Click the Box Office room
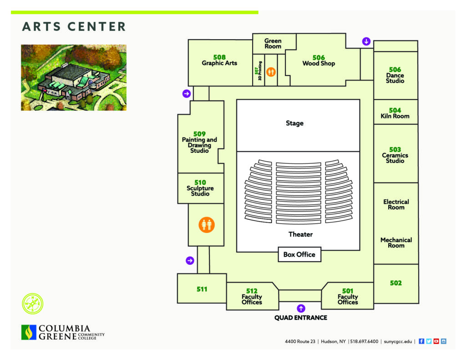click(x=299, y=254)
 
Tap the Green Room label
click(x=273, y=43)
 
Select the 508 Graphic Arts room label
click(x=219, y=60)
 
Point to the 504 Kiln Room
click(x=395, y=112)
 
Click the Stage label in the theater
click(x=294, y=123)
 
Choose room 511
click(x=202, y=289)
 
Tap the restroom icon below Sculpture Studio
click(x=207, y=225)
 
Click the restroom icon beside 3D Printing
click(x=271, y=71)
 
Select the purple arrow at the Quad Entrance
click(x=301, y=308)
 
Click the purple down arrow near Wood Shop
click(x=366, y=41)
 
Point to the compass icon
click(x=33, y=304)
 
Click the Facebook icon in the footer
click(x=421, y=341)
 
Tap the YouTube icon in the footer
click(x=436, y=341)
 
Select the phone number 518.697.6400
click(x=364, y=342)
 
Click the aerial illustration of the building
click(x=74, y=77)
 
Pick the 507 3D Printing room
click(x=258, y=71)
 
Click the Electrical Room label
click(x=396, y=204)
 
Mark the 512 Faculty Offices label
click(x=252, y=296)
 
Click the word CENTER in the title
click(x=96, y=26)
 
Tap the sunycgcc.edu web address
click(x=398, y=342)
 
